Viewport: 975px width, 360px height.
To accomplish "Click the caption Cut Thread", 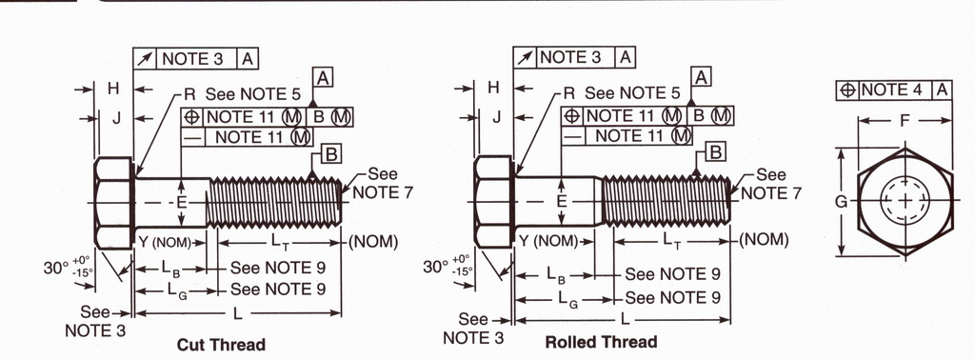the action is [221, 345].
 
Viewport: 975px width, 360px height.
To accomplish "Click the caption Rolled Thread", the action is [601, 342].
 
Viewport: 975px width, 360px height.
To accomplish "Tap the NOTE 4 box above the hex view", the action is [894, 90].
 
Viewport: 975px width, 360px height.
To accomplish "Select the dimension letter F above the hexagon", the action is [906, 120].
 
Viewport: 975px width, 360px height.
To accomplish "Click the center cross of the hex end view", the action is [905, 201].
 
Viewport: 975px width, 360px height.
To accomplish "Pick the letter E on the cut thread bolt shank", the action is [182, 203].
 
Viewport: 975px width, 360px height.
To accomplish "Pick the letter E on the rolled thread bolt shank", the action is [562, 201].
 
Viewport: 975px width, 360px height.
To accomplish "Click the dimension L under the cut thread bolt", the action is [237, 314].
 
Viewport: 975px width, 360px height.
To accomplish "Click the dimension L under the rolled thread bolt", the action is [625, 320].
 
